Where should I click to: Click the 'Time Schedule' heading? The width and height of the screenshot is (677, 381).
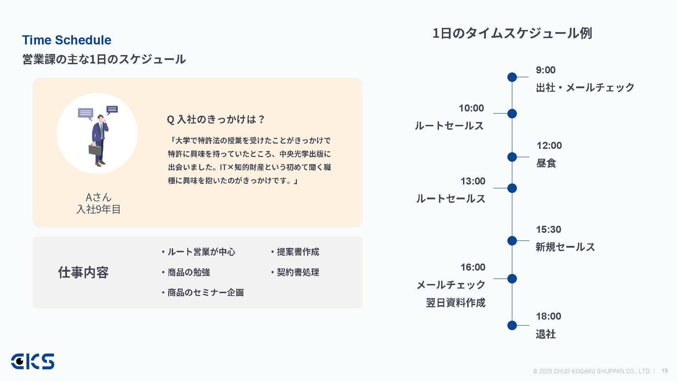tap(67, 40)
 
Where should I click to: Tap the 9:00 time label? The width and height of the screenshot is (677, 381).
tap(545, 70)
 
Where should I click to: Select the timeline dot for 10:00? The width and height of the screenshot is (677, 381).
tap(512, 114)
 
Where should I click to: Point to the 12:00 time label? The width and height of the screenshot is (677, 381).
tap(549, 146)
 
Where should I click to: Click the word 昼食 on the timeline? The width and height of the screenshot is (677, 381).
tap(546, 163)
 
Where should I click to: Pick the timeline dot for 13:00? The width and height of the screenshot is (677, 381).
tap(512, 188)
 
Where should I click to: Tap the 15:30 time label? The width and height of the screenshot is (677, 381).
tap(548, 230)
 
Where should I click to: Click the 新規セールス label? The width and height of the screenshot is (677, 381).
tap(565, 247)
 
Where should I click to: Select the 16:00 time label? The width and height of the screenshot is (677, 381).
tap(472, 267)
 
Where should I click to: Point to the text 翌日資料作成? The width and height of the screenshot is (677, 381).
tap(455, 303)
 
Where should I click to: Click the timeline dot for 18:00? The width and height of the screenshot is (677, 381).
tap(512, 326)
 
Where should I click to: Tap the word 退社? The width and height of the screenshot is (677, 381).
tap(545, 334)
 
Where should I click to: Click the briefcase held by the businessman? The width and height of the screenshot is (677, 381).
tap(94, 150)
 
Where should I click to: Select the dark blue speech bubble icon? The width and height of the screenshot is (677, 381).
tap(112, 110)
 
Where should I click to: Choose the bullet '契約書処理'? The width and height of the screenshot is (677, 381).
tap(298, 272)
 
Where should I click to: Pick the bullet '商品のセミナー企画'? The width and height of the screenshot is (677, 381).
tap(205, 293)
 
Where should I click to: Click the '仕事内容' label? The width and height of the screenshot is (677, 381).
tap(83, 272)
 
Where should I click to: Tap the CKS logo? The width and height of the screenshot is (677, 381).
tap(32, 362)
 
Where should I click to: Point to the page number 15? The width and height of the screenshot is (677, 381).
tap(665, 370)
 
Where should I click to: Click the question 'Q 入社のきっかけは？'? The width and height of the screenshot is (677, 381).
tap(215, 120)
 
